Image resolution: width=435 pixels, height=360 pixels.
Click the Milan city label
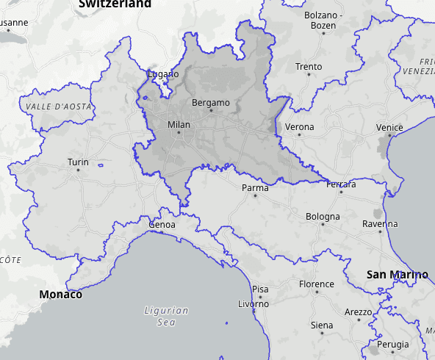179,125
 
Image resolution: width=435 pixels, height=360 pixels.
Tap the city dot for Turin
78,170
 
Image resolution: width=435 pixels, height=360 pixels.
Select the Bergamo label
210,102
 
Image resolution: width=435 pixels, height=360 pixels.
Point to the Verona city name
299,127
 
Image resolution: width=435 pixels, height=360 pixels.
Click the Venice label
389,128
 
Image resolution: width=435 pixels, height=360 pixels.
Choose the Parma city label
255,188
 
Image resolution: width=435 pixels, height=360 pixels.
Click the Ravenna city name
380,223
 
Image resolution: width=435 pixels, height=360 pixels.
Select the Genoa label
162,224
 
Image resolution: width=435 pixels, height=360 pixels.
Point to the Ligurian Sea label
166,316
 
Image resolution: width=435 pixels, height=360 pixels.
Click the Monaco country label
61,295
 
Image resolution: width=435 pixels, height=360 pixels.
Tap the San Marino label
397,275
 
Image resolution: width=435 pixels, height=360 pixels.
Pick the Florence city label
317,284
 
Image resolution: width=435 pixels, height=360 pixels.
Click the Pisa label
260,289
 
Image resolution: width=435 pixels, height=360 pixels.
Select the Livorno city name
254,303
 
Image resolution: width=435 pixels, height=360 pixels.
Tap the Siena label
322,325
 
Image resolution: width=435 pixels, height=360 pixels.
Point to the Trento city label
309,67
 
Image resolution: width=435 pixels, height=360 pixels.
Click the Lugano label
163,74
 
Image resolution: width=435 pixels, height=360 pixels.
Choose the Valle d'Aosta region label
58,107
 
